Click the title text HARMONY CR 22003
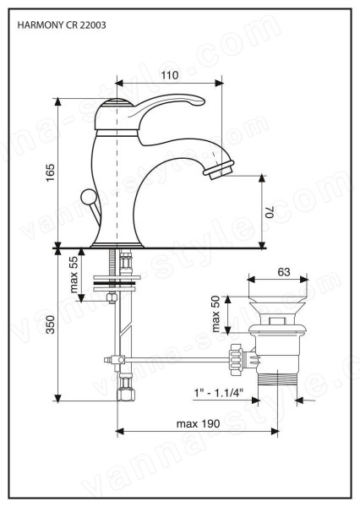coord(62,25)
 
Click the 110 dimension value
coord(170,75)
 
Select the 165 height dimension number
coord(50,172)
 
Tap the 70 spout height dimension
coord(270,212)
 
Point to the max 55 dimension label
coord(74,274)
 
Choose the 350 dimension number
coord(50,324)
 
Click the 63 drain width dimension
coord(284,272)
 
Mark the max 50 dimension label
coord(215,314)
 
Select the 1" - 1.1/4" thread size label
coord(219,393)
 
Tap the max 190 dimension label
coord(198,423)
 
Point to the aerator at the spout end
coord(219,170)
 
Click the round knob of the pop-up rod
coord(88,197)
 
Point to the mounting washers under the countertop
coord(117,283)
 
